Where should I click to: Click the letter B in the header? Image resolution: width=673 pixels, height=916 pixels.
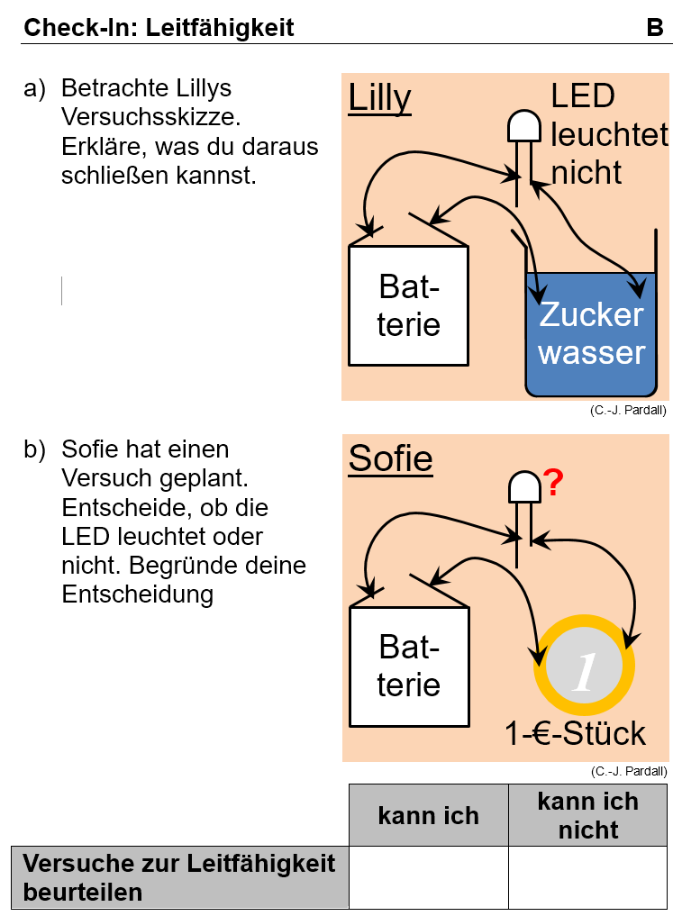point(655,28)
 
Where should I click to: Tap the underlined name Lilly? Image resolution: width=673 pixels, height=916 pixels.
point(379,97)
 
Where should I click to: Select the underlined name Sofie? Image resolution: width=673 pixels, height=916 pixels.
point(390,458)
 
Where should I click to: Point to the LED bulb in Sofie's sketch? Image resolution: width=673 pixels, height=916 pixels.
point(523,487)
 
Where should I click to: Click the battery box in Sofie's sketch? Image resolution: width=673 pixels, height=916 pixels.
point(408,666)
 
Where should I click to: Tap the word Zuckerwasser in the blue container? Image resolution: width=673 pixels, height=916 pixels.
point(592,333)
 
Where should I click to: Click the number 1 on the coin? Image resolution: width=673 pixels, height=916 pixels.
point(584,672)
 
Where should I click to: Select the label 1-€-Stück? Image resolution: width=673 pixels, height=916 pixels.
point(576,733)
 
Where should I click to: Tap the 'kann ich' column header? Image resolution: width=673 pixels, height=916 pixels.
point(428,816)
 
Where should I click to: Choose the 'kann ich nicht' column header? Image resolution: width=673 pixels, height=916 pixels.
point(587,815)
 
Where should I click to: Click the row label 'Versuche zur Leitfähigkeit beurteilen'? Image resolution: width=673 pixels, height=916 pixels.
point(178,877)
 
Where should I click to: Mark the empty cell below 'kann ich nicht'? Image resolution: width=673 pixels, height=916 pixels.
point(587,877)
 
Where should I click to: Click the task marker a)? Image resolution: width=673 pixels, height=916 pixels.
point(34,88)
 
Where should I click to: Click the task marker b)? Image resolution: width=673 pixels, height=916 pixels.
point(34,449)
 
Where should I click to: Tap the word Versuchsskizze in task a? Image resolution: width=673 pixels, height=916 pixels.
point(150,117)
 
